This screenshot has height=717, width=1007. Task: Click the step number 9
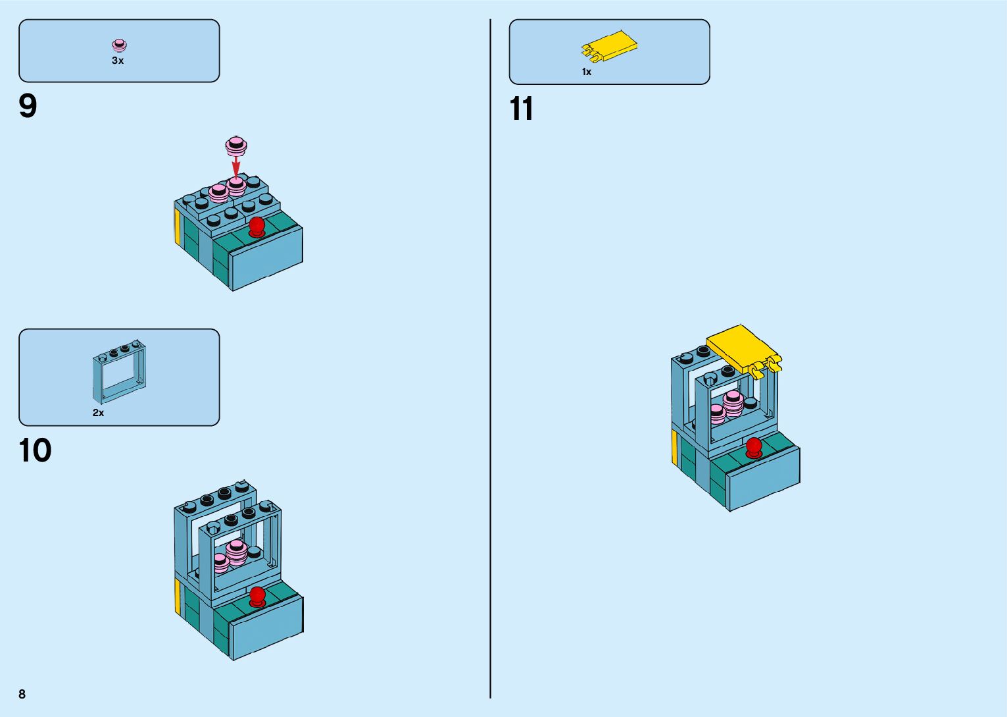(28, 106)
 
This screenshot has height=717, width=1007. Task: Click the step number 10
(35, 451)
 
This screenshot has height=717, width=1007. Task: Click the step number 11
(521, 109)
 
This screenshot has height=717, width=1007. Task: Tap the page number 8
(22, 694)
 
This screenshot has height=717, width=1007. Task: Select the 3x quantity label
(118, 61)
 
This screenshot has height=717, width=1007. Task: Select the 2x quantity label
(98, 413)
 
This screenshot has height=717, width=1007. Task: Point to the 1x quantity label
(586, 72)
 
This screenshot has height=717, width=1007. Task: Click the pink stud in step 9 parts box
(119, 45)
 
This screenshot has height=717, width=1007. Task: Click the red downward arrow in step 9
(236, 165)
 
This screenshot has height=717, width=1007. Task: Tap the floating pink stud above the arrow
(236, 145)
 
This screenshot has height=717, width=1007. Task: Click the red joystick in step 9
(257, 226)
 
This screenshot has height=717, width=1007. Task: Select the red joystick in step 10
(257, 597)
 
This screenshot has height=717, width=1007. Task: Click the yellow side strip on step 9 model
(178, 226)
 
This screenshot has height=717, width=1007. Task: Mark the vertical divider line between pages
(490, 359)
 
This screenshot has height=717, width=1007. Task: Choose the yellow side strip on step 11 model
(674, 447)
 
